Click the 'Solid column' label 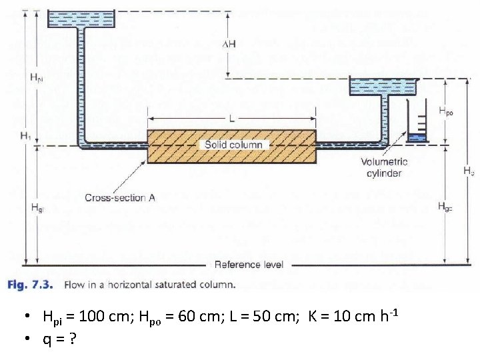(x=233, y=145)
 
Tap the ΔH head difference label (x=229, y=44)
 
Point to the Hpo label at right (x=446, y=113)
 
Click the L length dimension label (x=231, y=118)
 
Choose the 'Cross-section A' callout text (x=120, y=197)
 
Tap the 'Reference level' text (x=249, y=265)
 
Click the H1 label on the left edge (x=26, y=136)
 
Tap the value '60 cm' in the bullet (x=193, y=316)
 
